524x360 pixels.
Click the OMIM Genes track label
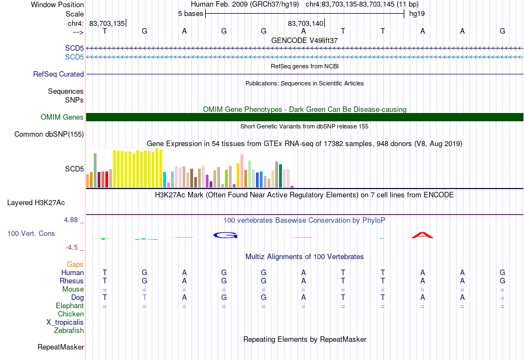click(62, 117)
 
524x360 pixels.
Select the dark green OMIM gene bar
click(304, 117)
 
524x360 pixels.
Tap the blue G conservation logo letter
click(225, 235)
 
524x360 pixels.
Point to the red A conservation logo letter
click(423, 235)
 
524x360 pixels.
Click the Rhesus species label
click(72, 281)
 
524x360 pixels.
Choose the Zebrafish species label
click(69, 331)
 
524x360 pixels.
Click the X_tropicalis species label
click(65, 323)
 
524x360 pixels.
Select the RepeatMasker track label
click(61, 347)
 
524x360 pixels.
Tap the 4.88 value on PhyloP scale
click(71, 220)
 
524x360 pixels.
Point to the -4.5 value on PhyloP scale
click(72, 248)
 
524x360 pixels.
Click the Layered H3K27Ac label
click(36, 203)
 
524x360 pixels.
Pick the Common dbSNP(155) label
click(49, 135)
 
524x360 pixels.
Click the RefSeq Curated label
click(58, 74)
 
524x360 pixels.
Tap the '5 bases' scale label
click(190, 14)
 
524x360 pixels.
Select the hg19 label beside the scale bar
click(417, 14)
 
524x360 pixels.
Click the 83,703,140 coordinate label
click(306, 23)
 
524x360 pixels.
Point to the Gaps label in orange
click(75, 265)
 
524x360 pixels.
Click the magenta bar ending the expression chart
click(292, 187)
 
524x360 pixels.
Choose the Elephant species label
click(69, 306)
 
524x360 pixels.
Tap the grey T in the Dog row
click(145, 297)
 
